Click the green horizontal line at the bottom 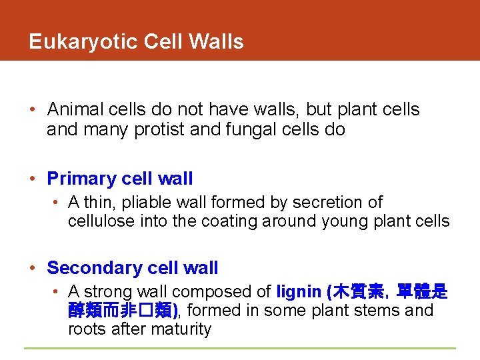pyautogui.click(x=240, y=348)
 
